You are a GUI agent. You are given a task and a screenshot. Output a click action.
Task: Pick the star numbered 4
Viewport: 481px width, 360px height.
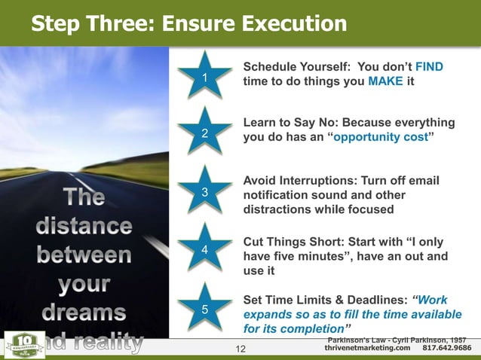click(x=204, y=249)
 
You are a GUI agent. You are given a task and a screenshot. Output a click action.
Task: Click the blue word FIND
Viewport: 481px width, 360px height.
click(x=429, y=68)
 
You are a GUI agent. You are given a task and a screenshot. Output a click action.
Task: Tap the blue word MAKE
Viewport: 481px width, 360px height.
click(x=384, y=82)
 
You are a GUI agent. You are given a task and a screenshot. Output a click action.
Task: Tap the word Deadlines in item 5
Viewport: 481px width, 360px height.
click(x=374, y=300)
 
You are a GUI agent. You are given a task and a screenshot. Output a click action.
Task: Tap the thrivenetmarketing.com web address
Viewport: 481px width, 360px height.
click(x=367, y=348)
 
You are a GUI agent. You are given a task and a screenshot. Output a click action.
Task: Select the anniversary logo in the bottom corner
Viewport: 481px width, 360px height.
click(x=20, y=343)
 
